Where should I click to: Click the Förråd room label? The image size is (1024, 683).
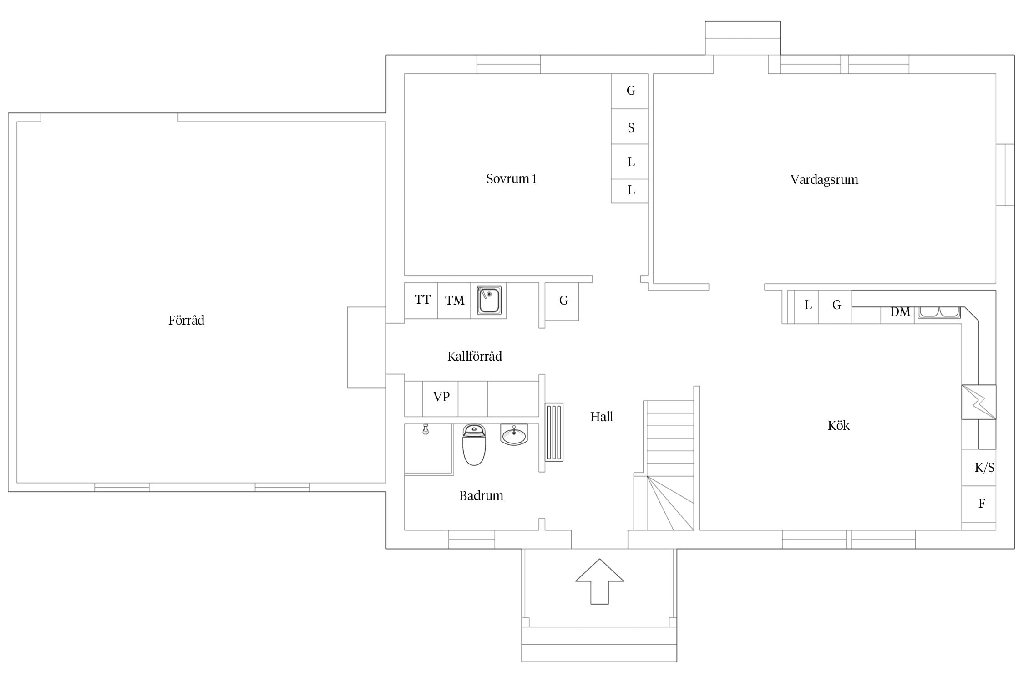[186, 321]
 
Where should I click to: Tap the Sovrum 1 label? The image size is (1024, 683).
[511, 178]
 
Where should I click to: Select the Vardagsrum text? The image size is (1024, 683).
[824, 180]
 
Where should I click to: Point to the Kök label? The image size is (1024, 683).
[838, 425]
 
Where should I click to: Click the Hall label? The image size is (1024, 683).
[601, 417]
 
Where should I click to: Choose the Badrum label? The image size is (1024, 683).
[481, 495]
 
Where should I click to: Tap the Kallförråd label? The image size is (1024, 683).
[475, 356]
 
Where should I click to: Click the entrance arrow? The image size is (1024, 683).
[599, 581]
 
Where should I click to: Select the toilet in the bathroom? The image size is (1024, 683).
[474, 445]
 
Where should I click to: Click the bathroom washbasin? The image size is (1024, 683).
[514, 434]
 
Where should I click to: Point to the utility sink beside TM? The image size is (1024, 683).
[489, 300]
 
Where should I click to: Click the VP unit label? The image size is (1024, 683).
[441, 397]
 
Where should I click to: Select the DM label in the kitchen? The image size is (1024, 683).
[900, 312]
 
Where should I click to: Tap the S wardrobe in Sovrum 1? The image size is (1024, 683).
[629, 127]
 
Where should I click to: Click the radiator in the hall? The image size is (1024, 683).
[554, 432]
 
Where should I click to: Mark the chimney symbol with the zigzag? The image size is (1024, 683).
[978, 402]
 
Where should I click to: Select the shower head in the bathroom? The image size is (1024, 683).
[426, 429]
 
